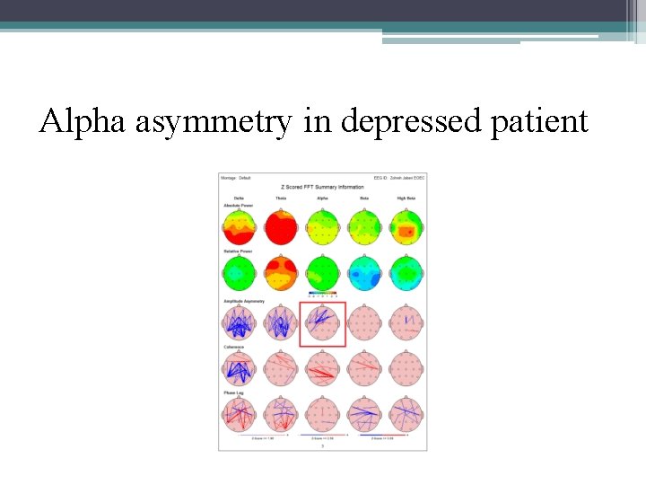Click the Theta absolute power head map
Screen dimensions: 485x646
click(x=280, y=227)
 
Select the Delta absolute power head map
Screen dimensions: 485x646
click(x=239, y=227)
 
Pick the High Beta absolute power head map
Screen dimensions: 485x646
click(x=406, y=227)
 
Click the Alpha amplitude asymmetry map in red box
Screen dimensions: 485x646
click(x=322, y=324)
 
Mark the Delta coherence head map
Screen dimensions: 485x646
click(x=239, y=368)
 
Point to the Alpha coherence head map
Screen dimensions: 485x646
click(x=322, y=368)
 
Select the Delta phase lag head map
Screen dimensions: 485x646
click(x=239, y=414)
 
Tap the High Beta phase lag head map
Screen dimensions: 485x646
click(x=406, y=414)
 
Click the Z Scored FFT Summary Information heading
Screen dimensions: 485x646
click(x=322, y=187)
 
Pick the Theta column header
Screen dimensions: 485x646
click(x=280, y=198)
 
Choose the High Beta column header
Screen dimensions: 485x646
click(x=406, y=198)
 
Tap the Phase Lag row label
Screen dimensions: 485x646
click(x=232, y=392)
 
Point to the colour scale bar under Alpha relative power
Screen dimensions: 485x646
click(x=322, y=293)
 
